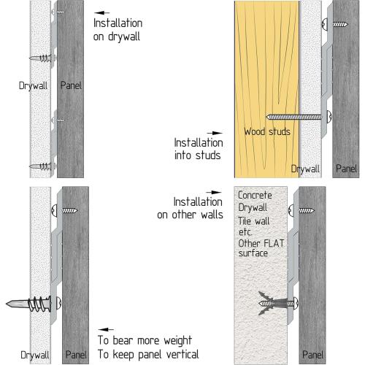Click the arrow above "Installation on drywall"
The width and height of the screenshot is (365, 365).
(x=101, y=12)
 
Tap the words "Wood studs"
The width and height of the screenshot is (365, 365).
(x=267, y=131)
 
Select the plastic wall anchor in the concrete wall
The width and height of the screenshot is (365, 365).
(x=274, y=303)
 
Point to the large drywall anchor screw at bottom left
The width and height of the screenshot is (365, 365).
(x=34, y=304)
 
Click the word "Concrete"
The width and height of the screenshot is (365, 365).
(x=255, y=195)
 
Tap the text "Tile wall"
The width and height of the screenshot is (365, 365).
(x=254, y=221)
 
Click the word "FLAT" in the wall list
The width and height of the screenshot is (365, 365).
(x=274, y=243)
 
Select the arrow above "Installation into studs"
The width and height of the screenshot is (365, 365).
(x=215, y=133)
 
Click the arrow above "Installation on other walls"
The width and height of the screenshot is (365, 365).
(x=214, y=193)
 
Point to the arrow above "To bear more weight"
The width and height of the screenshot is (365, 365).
(x=106, y=329)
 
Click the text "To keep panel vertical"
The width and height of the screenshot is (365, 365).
(x=148, y=354)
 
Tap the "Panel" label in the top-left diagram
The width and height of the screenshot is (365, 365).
(x=71, y=85)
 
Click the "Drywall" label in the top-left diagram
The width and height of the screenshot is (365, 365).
(x=33, y=86)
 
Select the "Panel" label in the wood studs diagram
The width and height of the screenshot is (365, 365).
(x=346, y=169)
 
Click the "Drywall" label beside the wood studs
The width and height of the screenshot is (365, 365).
(x=305, y=169)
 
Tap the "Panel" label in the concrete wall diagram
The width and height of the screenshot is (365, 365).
(x=312, y=355)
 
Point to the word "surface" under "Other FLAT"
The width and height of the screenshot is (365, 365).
(x=253, y=253)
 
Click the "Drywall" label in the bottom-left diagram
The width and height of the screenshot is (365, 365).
(x=35, y=355)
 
